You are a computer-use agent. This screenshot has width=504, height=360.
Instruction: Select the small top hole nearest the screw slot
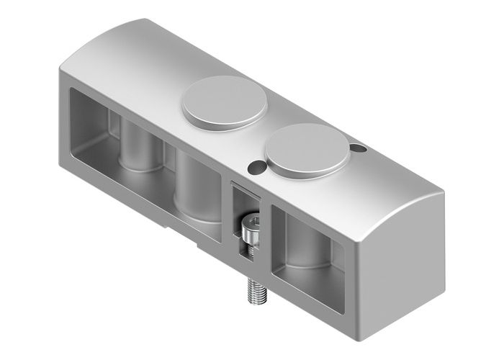256,167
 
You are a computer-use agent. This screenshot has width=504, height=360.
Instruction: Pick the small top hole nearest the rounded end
359,148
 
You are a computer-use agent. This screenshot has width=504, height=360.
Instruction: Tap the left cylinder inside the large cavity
141,148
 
